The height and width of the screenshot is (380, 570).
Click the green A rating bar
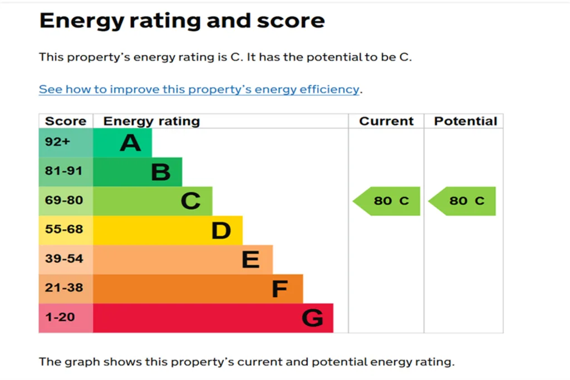pos(122,143)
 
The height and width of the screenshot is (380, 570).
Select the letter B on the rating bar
pos(161,172)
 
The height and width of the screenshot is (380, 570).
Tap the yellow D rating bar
pos(168,230)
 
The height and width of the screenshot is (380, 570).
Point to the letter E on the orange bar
pos(251,259)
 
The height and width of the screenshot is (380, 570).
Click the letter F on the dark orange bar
pos(280,289)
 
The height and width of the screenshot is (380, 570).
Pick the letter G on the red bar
pos(312,318)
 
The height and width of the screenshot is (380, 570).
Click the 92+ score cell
pos(66,143)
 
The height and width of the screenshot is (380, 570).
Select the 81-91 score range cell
pos(66,172)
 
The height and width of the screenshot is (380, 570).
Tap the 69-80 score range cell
pos(66,201)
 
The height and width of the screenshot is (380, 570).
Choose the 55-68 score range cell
pos(66,230)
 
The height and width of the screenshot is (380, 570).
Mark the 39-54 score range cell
pos(66,259)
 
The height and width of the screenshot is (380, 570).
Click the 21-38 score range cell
pos(66,289)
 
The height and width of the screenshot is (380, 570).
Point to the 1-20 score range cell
pos(66,318)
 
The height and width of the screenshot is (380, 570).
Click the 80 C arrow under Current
pos(387,201)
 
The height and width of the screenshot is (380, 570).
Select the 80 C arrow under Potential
pos(463,201)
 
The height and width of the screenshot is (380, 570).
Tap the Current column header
pos(386,121)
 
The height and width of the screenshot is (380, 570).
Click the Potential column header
pos(466,121)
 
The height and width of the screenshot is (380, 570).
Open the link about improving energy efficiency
pos(199,90)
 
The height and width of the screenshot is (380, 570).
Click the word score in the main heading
pos(291,21)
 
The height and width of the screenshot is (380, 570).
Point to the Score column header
pos(66,121)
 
